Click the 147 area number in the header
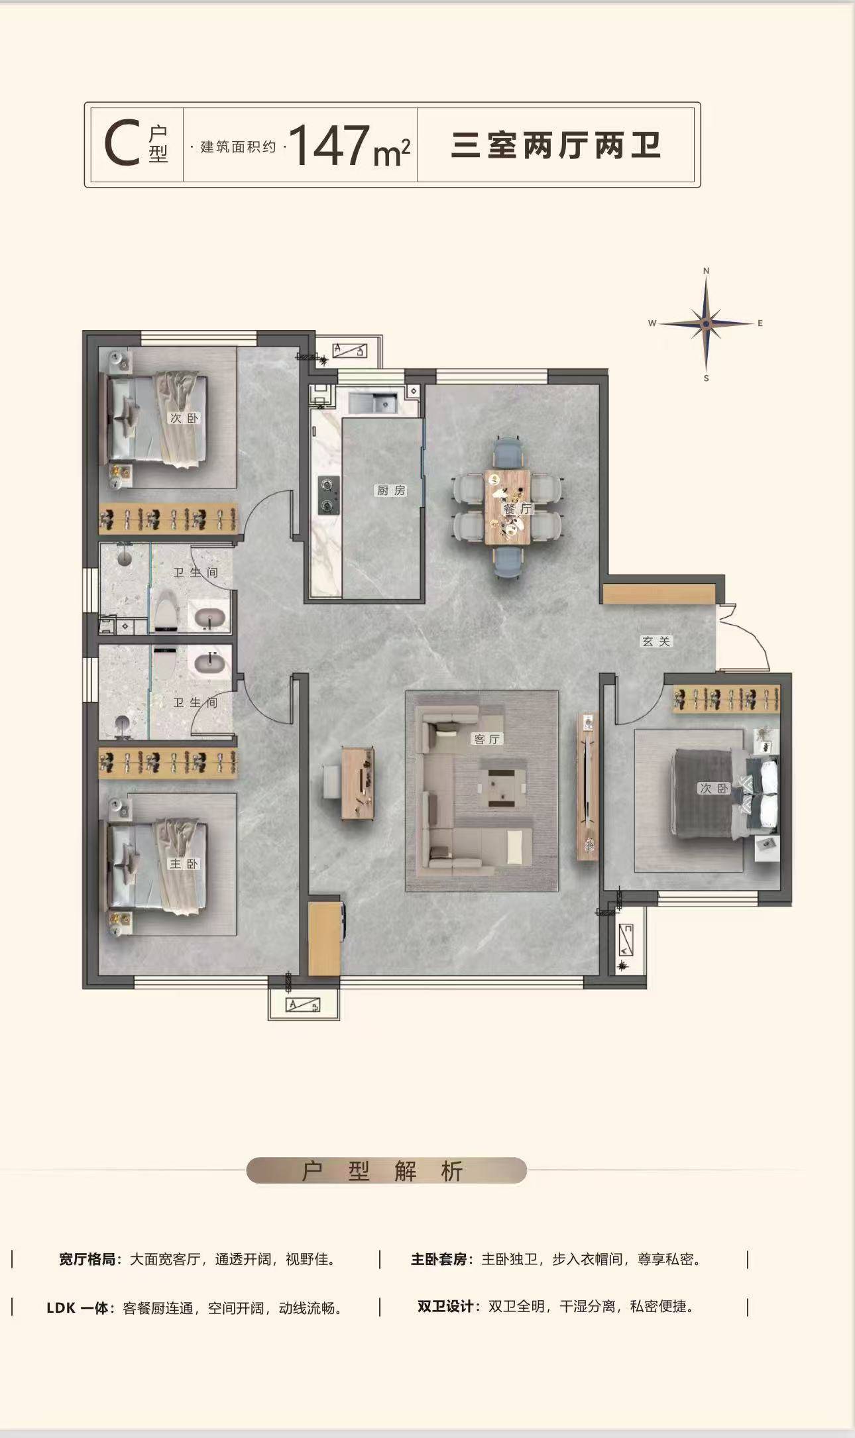coord(330,145)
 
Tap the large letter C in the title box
coord(121,143)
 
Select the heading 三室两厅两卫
coord(556,145)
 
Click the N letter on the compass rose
coord(707,270)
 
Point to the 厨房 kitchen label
coord(391,490)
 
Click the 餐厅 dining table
coord(507,508)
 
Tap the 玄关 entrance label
coord(656,641)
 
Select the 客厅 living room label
coord(488,739)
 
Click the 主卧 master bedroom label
coord(184,863)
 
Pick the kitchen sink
coord(372,402)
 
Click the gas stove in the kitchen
coord(328,495)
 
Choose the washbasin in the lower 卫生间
coord(210,663)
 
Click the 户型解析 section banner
coord(386,1170)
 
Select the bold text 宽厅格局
coord(87,1259)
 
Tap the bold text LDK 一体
coord(78,1308)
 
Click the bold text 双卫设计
coord(445,1307)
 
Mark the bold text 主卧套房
coord(439,1259)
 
